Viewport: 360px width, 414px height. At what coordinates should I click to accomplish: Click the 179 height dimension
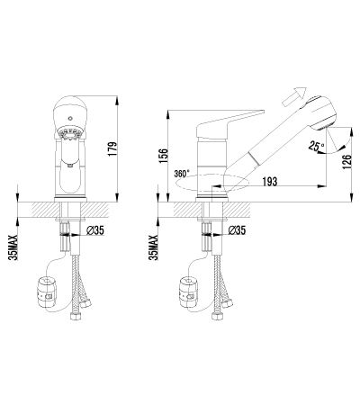(112, 148)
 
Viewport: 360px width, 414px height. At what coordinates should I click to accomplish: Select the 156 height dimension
(164, 156)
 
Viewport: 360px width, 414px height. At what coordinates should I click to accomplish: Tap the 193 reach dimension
(270, 182)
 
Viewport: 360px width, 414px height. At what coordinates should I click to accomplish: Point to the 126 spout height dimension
(346, 162)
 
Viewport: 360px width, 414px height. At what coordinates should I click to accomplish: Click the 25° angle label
(316, 146)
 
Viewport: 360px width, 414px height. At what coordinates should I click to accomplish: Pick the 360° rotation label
(182, 174)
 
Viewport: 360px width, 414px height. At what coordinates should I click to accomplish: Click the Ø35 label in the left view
(94, 230)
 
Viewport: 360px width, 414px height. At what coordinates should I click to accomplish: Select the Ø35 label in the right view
(237, 230)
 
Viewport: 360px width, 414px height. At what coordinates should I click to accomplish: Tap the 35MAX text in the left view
(13, 247)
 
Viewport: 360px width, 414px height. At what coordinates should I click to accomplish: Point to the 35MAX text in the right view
(154, 247)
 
